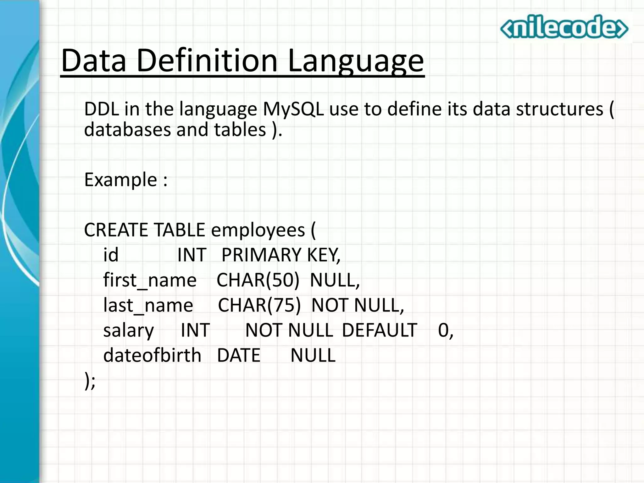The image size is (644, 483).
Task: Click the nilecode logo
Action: pyautogui.click(x=564, y=27)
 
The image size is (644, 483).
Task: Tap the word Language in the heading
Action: pyautogui.click(x=356, y=61)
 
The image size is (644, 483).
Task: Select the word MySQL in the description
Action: pyautogui.click(x=293, y=109)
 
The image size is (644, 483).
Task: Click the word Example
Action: pyautogui.click(x=121, y=180)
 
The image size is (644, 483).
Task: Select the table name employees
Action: pyautogui.click(x=258, y=230)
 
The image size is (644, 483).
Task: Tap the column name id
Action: pyautogui.click(x=111, y=255)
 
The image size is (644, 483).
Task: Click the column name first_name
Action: pyautogui.click(x=150, y=280)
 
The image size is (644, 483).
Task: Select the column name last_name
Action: pyautogui.click(x=148, y=305)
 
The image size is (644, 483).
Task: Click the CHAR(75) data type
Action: pyautogui.click(x=259, y=305)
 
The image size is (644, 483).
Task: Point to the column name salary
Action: pyautogui.click(x=128, y=330)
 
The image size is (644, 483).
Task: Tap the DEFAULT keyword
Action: pyautogui.click(x=380, y=330)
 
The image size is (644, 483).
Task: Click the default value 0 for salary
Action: pyautogui.click(x=443, y=330)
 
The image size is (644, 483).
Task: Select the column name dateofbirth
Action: pyautogui.click(x=152, y=355)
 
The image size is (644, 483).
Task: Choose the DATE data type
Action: pyautogui.click(x=239, y=355)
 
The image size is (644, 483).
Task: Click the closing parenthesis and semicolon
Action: pyautogui.click(x=90, y=381)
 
